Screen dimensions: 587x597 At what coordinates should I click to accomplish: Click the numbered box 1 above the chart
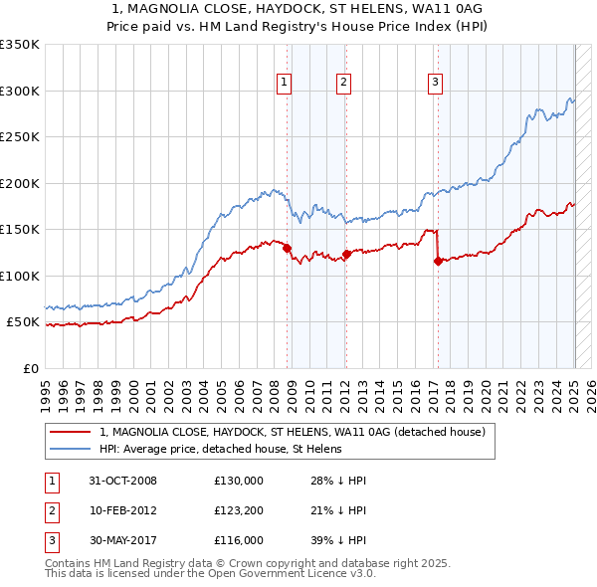(285, 83)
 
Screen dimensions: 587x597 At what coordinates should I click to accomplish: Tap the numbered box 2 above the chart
(342, 83)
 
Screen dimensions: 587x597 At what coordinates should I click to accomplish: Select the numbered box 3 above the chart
(435, 83)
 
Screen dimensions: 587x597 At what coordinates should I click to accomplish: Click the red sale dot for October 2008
(288, 249)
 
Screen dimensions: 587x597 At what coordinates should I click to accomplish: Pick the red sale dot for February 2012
(346, 254)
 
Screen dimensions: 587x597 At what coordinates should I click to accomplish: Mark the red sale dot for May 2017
(438, 262)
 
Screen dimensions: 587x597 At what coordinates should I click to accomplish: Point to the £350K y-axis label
(19, 45)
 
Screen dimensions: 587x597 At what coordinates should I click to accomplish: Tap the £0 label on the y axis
(30, 368)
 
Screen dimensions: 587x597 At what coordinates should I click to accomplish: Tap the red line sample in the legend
(70, 433)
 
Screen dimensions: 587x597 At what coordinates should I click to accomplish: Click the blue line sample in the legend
(70, 449)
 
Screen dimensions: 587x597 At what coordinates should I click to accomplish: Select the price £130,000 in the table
(238, 481)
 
